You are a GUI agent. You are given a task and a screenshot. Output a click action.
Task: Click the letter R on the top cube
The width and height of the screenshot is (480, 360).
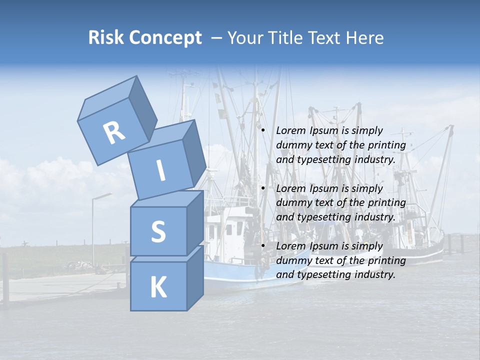pos(114,132)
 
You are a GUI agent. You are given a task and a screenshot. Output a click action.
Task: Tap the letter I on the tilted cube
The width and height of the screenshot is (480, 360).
pos(160,170)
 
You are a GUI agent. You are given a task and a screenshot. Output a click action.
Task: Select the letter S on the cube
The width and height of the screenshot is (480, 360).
pos(158,231)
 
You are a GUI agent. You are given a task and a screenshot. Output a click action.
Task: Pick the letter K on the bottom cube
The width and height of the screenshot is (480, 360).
pos(158,287)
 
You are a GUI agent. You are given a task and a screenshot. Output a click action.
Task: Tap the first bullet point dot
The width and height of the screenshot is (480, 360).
pos(263,130)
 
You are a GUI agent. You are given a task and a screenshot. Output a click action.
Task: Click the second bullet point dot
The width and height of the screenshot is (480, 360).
pos(263,188)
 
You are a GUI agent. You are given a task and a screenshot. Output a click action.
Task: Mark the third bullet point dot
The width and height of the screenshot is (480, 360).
pos(263,246)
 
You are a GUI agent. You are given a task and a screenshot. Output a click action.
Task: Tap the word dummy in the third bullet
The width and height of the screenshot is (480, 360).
pos(291,260)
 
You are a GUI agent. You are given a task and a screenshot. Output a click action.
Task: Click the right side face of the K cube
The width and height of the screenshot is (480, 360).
pos(194,277)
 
